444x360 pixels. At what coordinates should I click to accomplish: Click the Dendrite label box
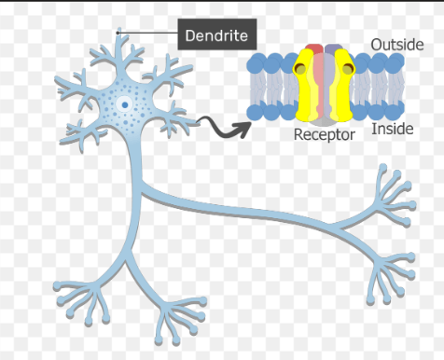tap(217, 35)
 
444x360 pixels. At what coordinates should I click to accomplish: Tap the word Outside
tap(397, 45)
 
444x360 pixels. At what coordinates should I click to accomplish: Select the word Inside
tap(393, 129)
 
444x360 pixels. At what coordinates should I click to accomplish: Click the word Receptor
tap(325, 135)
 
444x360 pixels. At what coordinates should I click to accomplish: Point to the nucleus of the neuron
tap(125, 105)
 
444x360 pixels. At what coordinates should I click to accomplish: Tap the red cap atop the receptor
tap(314, 48)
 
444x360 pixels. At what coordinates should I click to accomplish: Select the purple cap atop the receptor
tap(333, 48)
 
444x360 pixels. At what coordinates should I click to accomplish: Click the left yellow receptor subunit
tap(305, 86)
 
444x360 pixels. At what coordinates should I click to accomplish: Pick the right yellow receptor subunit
tap(342, 86)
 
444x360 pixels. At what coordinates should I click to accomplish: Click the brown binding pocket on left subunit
tap(300, 68)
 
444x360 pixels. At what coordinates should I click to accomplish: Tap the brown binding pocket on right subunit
tap(348, 68)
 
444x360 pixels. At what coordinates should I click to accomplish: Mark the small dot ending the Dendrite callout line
tap(118, 33)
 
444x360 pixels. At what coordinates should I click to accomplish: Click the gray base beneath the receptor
tap(324, 121)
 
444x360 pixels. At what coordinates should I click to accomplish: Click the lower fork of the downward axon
tap(126, 258)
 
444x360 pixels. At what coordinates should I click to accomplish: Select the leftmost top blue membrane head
tap(256, 64)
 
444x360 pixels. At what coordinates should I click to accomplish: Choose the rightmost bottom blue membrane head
tap(395, 111)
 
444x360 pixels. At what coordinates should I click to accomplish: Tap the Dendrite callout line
tap(148, 33)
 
